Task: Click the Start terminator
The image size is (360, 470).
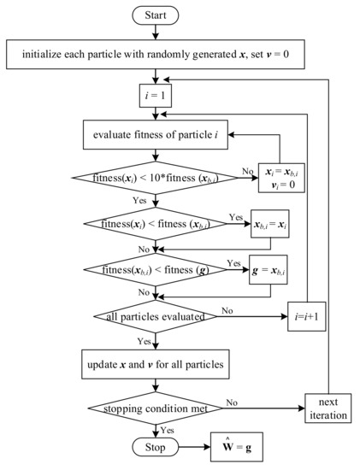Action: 156,15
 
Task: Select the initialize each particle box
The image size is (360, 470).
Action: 156,57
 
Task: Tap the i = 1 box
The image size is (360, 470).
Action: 156,97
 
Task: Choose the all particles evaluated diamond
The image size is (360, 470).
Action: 156,315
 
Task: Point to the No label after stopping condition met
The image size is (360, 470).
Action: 230,395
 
